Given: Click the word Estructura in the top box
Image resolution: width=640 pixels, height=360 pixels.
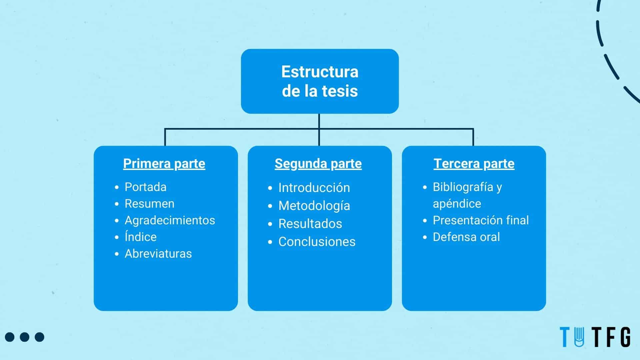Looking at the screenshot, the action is pyautogui.click(x=320, y=72).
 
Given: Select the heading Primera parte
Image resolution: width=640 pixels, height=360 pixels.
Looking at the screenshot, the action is pyautogui.click(x=164, y=164).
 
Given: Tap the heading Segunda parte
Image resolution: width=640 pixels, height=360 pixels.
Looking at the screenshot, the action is pyautogui.click(x=318, y=164).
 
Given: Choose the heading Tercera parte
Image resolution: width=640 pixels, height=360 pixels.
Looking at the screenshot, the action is pyautogui.click(x=474, y=164).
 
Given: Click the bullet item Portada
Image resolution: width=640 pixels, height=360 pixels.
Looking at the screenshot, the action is pyautogui.click(x=145, y=187).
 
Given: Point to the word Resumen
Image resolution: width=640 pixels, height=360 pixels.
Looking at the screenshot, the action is pyautogui.click(x=149, y=204).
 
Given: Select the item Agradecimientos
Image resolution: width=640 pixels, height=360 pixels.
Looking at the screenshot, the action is pyautogui.click(x=170, y=220).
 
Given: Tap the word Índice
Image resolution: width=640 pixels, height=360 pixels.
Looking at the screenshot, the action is pyautogui.click(x=140, y=236).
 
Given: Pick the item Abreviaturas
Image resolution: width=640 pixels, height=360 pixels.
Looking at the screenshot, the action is pyautogui.click(x=158, y=254).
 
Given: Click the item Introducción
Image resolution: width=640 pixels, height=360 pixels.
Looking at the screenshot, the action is pyautogui.click(x=314, y=188).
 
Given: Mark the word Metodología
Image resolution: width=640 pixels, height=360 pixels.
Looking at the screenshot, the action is pyautogui.click(x=314, y=206).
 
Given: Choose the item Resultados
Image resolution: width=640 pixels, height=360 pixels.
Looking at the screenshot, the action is pyautogui.click(x=310, y=224).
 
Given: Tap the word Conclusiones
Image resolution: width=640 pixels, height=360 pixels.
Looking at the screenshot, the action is pyautogui.click(x=317, y=242).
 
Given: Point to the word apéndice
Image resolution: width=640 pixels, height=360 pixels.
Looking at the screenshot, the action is pyautogui.click(x=457, y=204).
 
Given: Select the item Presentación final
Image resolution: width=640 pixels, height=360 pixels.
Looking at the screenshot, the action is pyautogui.click(x=481, y=220).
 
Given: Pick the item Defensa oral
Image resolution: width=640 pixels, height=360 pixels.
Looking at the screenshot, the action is pyautogui.click(x=466, y=237).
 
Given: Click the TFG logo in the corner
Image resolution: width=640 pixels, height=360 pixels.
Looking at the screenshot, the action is pyautogui.click(x=595, y=337).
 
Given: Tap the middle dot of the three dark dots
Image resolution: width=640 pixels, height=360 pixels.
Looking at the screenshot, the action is pyautogui.click(x=25, y=337).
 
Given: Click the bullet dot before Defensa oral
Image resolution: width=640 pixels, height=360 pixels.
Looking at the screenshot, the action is pyautogui.click(x=425, y=237).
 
